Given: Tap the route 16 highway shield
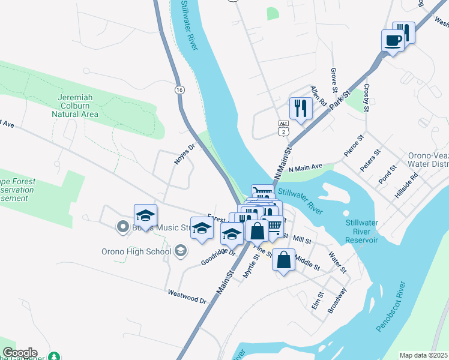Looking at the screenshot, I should point(179,89).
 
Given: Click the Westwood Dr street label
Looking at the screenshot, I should point(187,296).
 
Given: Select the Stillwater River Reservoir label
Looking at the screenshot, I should point(362,232).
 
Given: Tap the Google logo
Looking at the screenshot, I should point(20,352).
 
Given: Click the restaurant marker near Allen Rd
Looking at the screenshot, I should point(300,109).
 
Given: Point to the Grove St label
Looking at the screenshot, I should point(334,81).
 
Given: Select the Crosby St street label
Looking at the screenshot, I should point(366,95).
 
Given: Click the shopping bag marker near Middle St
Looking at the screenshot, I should point(284,260).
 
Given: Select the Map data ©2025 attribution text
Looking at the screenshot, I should point(423,355).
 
